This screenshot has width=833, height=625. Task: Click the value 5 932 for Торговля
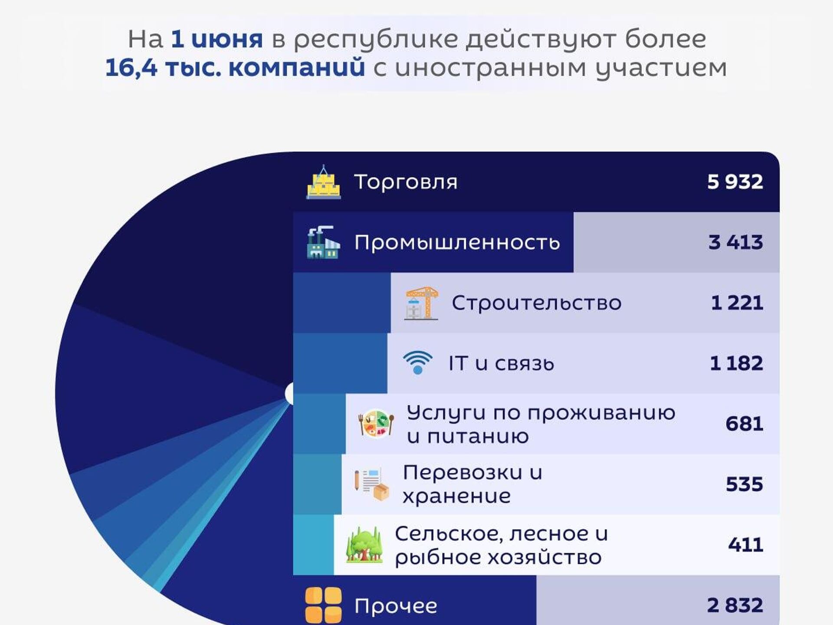click(735, 181)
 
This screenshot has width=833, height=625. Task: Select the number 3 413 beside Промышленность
click(735, 242)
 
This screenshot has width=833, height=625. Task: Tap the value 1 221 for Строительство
click(737, 303)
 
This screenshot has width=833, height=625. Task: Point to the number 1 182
click(736, 363)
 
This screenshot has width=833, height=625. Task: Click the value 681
click(744, 424)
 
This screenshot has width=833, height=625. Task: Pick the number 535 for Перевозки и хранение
click(744, 484)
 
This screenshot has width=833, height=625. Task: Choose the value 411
click(745, 545)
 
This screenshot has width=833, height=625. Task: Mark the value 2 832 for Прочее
click(735, 605)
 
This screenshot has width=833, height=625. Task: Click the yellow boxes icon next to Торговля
click(323, 182)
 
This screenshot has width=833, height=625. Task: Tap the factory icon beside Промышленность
click(323, 242)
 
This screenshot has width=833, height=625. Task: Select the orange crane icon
click(421, 303)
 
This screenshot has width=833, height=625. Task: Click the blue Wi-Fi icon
click(417, 362)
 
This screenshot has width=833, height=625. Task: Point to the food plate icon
click(376, 424)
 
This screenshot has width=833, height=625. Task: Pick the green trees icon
click(364, 545)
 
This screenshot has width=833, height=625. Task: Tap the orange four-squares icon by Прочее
click(323, 605)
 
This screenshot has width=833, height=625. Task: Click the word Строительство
click(537, 303)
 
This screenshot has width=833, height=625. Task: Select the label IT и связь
click(502, 363)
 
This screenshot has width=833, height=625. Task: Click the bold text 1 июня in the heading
click(217, 39)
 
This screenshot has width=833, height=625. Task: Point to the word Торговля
click(406, 182)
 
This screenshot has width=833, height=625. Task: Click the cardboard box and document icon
click(371, 484)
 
